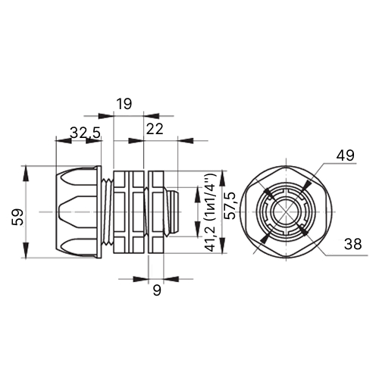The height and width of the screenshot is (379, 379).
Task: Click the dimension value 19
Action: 124,104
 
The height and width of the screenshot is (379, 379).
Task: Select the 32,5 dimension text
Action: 86,133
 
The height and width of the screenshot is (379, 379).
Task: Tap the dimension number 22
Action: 155,129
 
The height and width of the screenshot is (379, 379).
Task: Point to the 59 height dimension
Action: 17,217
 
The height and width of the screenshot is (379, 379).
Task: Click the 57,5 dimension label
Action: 230,205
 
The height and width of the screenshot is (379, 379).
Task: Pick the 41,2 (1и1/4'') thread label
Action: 210,212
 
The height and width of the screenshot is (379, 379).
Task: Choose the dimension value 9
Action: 157,290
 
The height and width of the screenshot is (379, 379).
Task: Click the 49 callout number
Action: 345,155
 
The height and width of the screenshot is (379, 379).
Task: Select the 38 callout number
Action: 352,244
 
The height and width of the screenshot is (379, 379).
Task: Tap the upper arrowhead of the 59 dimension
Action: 26,174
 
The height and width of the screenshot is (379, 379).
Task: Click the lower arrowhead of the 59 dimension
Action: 26,250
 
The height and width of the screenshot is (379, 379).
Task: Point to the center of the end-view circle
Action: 287,211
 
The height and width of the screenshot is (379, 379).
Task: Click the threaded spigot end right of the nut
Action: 173,211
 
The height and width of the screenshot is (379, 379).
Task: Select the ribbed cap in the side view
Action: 78,212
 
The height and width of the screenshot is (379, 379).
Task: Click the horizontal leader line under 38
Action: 346,255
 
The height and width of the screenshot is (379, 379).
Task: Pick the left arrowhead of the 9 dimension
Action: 141,279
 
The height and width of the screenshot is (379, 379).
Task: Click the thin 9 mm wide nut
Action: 156,212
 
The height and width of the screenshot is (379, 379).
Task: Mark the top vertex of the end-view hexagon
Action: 287,166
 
